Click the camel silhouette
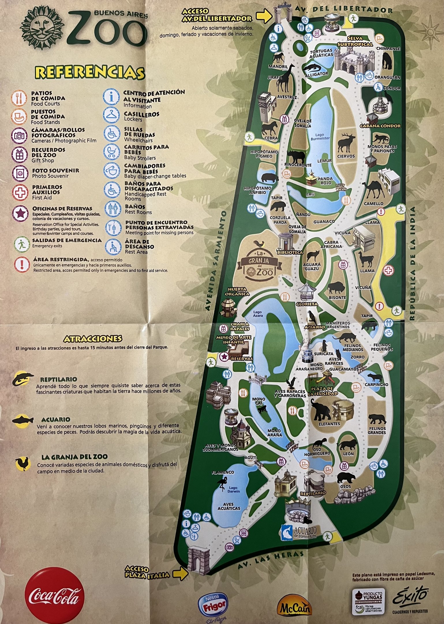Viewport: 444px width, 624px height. [x=374, y=190]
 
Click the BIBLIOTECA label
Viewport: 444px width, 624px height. [x=290, y=252]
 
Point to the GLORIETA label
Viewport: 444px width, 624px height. [x=307, y=304]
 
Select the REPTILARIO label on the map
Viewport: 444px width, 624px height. [x=313, y=493]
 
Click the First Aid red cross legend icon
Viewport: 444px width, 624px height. [x=20, y=192]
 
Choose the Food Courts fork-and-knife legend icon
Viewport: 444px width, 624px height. [x=20, y=98]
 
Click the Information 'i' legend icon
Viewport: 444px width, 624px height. [x=112, y=97]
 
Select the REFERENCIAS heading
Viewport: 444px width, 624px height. [x=89, y=73]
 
